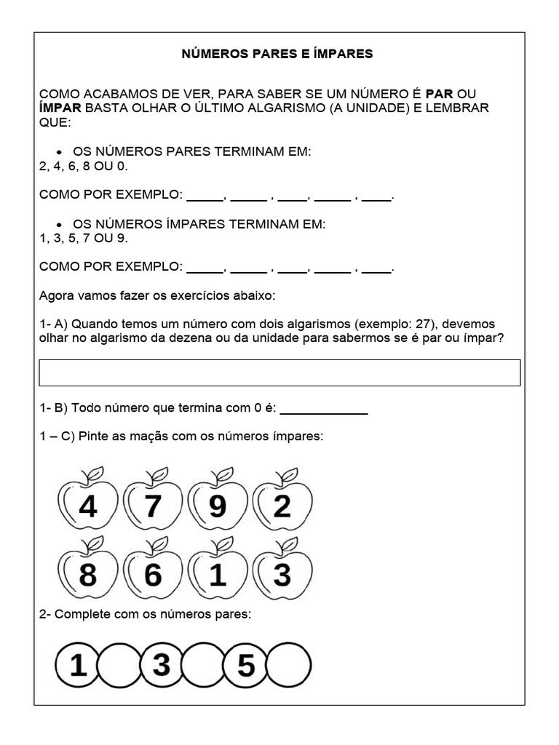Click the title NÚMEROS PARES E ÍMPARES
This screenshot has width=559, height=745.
pos(277,54)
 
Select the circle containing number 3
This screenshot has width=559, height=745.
pos(161,665)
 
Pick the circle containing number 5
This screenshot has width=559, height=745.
pos(246,665)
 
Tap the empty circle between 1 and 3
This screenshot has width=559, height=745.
pos(119,665)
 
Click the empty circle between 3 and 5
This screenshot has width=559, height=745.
pos(204,665)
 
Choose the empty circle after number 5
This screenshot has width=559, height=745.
pos(289,665)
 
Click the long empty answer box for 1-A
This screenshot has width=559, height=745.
pos(279,372)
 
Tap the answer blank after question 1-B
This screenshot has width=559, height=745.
pos(323,409)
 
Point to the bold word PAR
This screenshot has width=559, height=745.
pos(440,95)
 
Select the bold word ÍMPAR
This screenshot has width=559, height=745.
pos(61,108)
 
